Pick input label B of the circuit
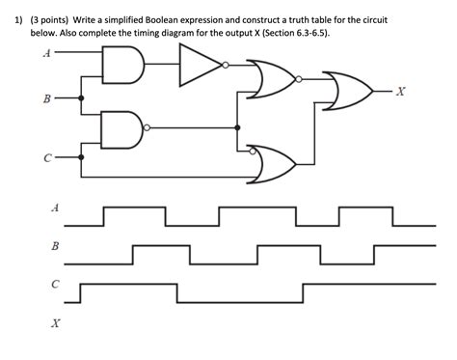pos(45,97)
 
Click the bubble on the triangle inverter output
pos(225,66)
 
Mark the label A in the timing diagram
pos(55,208)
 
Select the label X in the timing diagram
pos(55,324)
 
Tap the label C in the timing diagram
pos(55,285)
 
